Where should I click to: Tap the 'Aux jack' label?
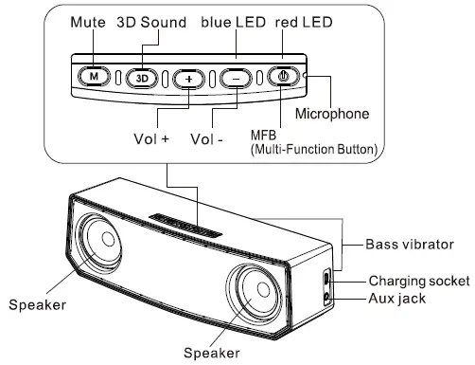pos(397,300)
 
